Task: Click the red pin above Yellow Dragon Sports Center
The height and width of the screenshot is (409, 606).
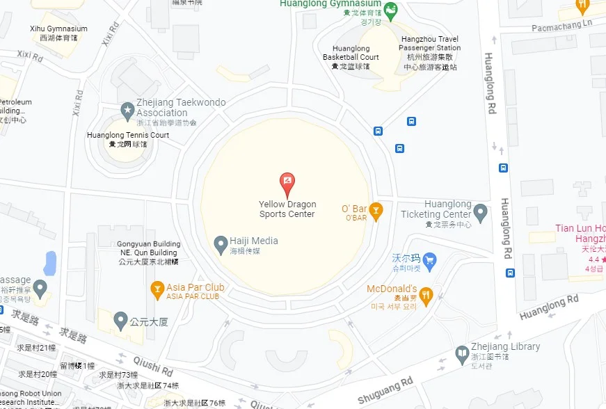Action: [287, 184]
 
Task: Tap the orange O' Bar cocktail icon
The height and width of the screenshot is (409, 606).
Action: [376, 209]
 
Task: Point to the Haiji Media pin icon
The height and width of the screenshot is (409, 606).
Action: [221, 243]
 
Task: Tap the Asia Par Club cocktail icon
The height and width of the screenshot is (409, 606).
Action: [157, 288]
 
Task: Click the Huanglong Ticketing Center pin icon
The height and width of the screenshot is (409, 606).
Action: [479, 211]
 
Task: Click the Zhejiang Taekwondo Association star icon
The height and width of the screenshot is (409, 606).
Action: [127, 110]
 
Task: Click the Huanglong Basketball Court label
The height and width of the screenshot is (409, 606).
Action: [351, 57]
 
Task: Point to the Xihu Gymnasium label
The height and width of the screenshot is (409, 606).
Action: [58, 33]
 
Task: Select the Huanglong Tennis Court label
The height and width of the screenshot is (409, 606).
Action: [128, 139]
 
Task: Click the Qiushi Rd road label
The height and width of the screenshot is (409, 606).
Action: [154, 367]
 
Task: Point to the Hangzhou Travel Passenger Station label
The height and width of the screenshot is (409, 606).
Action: [429, 53]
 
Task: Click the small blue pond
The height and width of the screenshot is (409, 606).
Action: [49, 262]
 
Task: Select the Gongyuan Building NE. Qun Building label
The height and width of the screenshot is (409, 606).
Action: [149, 252]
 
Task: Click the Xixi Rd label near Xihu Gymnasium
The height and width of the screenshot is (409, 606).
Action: [30, 56]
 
